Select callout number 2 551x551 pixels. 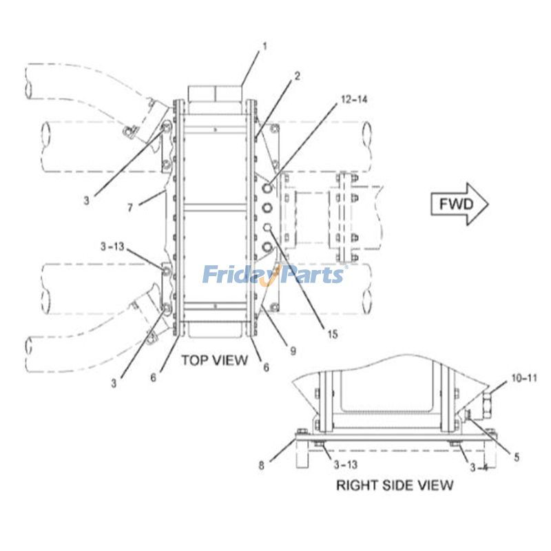(x=297, y=76)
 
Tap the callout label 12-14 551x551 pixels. (x=353, y=100)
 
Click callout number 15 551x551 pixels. (x=333, y=335)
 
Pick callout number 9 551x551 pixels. (x=293, y=351)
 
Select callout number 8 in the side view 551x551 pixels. (x=261, y=465)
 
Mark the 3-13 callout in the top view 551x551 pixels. (x=112, y=246)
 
